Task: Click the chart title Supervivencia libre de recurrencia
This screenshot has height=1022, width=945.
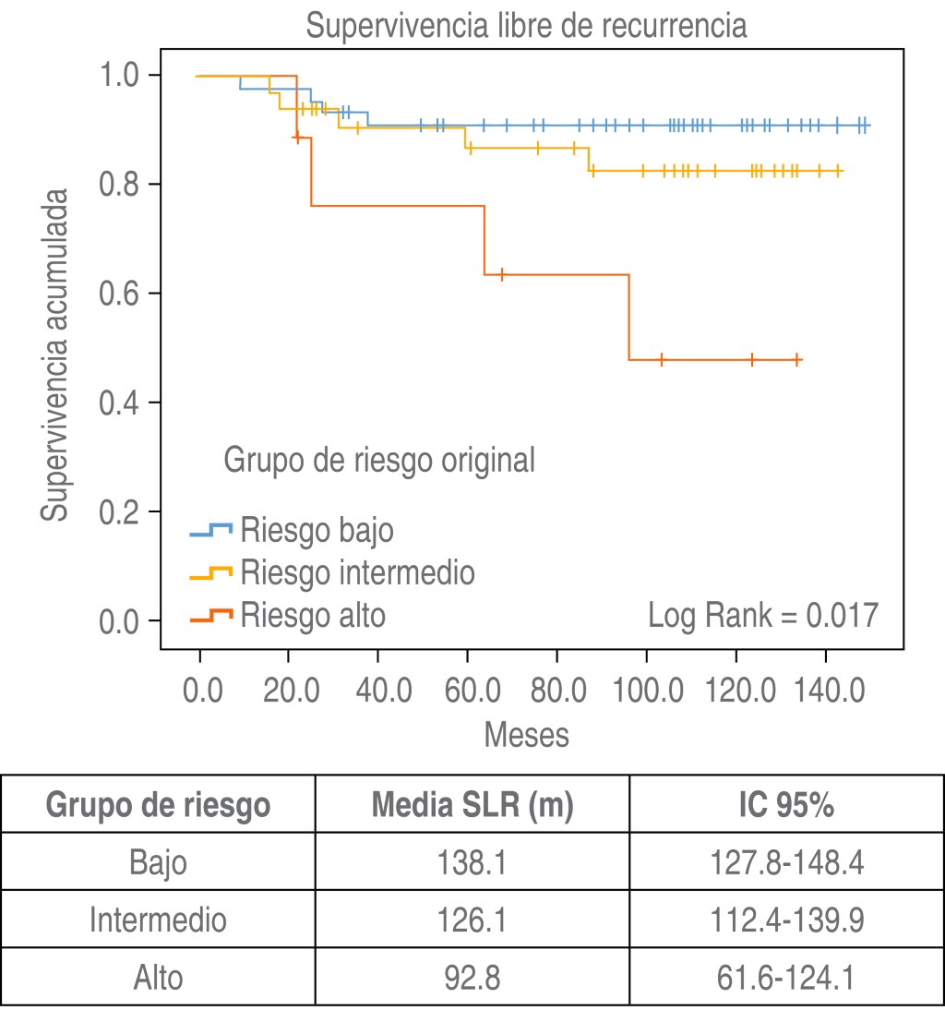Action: click(526, 25)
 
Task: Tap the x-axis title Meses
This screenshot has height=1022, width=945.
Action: click(526, 735)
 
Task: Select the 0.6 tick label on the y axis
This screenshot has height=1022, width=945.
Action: click(125, 294)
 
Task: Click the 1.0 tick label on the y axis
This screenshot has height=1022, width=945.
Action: click(125, 76)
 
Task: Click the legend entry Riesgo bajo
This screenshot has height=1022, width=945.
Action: click(317, 531)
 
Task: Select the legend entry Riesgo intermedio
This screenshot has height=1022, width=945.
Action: click(357, 572)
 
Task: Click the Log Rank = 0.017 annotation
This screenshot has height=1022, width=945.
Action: click(762, 615)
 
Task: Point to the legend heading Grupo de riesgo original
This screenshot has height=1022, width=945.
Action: click(379, 460)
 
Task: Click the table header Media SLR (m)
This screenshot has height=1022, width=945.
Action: click(472, 806)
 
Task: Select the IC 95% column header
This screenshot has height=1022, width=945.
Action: click(786, 806)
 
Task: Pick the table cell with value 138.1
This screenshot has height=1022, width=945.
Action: click(472, 863)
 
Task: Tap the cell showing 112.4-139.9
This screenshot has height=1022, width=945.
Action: click(786, 920)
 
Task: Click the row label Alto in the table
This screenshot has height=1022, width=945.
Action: click(158, 978)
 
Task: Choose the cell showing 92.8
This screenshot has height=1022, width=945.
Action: click(472, 978)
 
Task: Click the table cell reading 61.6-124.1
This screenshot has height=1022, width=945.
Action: click(786, 978)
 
